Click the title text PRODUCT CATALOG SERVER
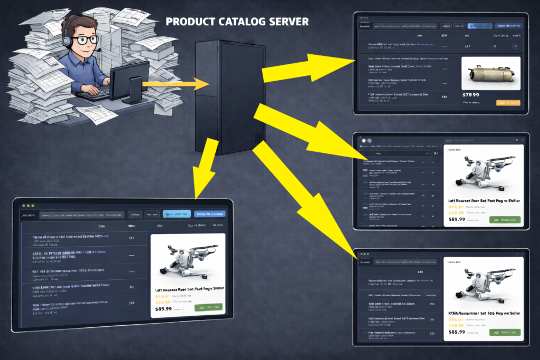point(237,22)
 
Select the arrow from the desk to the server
point(177,83)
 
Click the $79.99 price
point(470,94)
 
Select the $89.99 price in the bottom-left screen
point(164,309)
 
